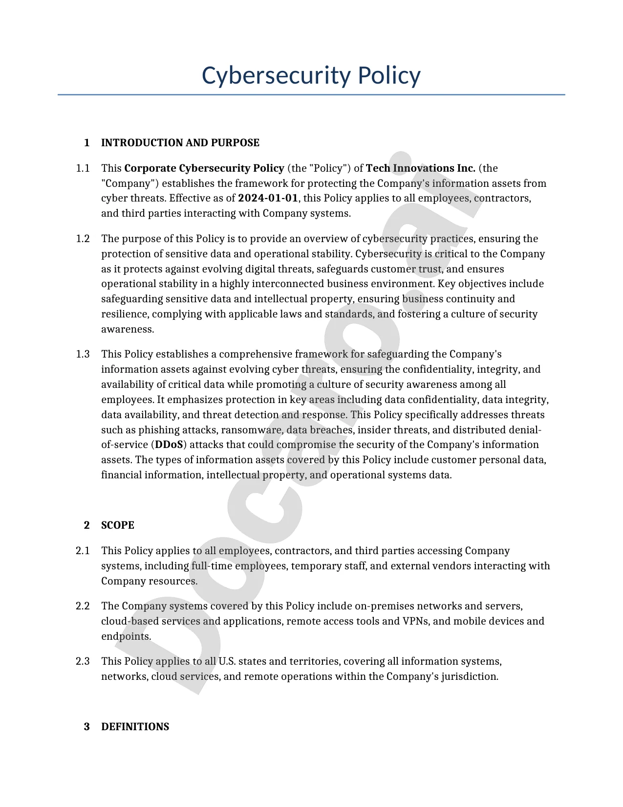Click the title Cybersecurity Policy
311,76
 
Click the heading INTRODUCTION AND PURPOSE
180,143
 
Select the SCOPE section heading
117,525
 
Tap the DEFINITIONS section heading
135,727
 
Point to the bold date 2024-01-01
268,198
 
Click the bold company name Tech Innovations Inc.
420,168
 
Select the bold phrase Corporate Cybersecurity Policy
204,168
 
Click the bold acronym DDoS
169,445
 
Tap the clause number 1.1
83,168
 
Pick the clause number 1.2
83,239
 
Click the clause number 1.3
83,354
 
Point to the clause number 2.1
83,551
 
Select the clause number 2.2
83,606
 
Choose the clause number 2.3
83,661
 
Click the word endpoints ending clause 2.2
126,636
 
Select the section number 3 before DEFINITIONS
87,727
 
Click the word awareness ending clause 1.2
127,329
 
